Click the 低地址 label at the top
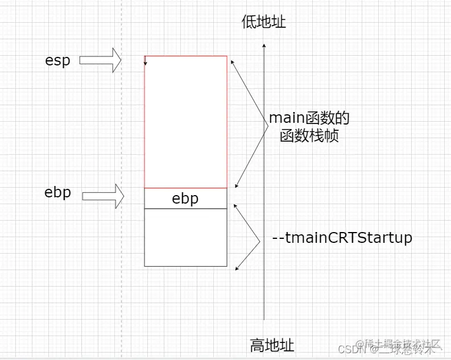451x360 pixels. [x=264, y=22]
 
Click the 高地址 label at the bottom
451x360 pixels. [x=272, y=345]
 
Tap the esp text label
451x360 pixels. [x=57, y=60]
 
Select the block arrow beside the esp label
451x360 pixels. [x=100, y=60]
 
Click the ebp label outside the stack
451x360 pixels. [x=57, y=192]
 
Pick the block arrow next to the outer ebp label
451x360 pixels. [x=102, y=196]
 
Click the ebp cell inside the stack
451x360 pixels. [x=185, y=198]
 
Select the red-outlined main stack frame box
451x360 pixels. [x=185, y=122]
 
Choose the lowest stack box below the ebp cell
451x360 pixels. [x=185, y=237]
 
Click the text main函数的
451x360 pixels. [x=309, y=118]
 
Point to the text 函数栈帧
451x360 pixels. [x=309, y=136]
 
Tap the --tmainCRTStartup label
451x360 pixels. [x=342, y=238]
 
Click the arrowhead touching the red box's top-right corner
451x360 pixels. [x=230, y=58]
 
